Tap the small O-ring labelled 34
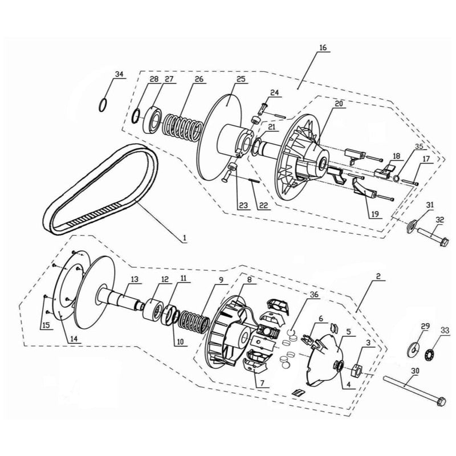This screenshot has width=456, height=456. [103, 105]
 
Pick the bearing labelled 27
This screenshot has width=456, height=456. [153, 117]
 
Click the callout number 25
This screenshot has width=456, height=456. [241, 79]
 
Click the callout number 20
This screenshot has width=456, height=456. [339, 104]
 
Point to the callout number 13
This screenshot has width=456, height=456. [135, 280]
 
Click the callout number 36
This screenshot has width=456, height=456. [313, 295]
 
